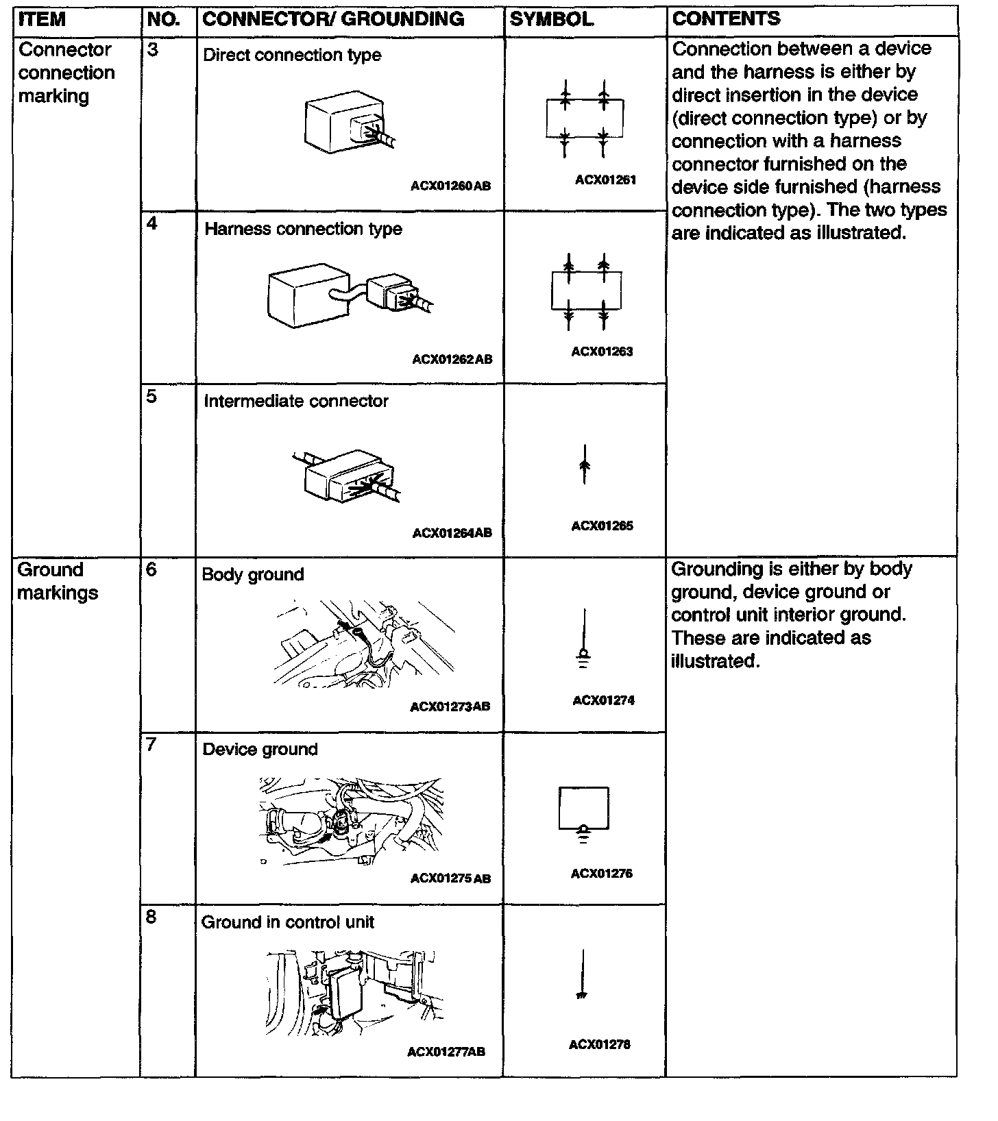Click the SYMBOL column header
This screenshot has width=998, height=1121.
coord(552,19)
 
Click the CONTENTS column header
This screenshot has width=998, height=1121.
coord(726,19)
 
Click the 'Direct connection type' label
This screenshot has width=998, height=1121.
coord(292,56)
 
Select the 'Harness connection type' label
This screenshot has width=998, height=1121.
coord(303,229)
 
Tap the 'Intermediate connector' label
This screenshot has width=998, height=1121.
coord(296,402)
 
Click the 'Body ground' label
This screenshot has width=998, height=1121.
coord(253,574)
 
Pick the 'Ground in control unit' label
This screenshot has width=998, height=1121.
coord(288,922)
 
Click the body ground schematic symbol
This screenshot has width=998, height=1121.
coord(583,641)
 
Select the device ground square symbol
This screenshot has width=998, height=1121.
coord(583,809)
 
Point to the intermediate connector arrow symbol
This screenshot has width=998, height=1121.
coord(584,465)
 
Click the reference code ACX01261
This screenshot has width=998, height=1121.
coord(605,180)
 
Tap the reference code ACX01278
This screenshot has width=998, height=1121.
coord(599,1045)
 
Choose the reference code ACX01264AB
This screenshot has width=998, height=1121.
coord(452,533)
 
